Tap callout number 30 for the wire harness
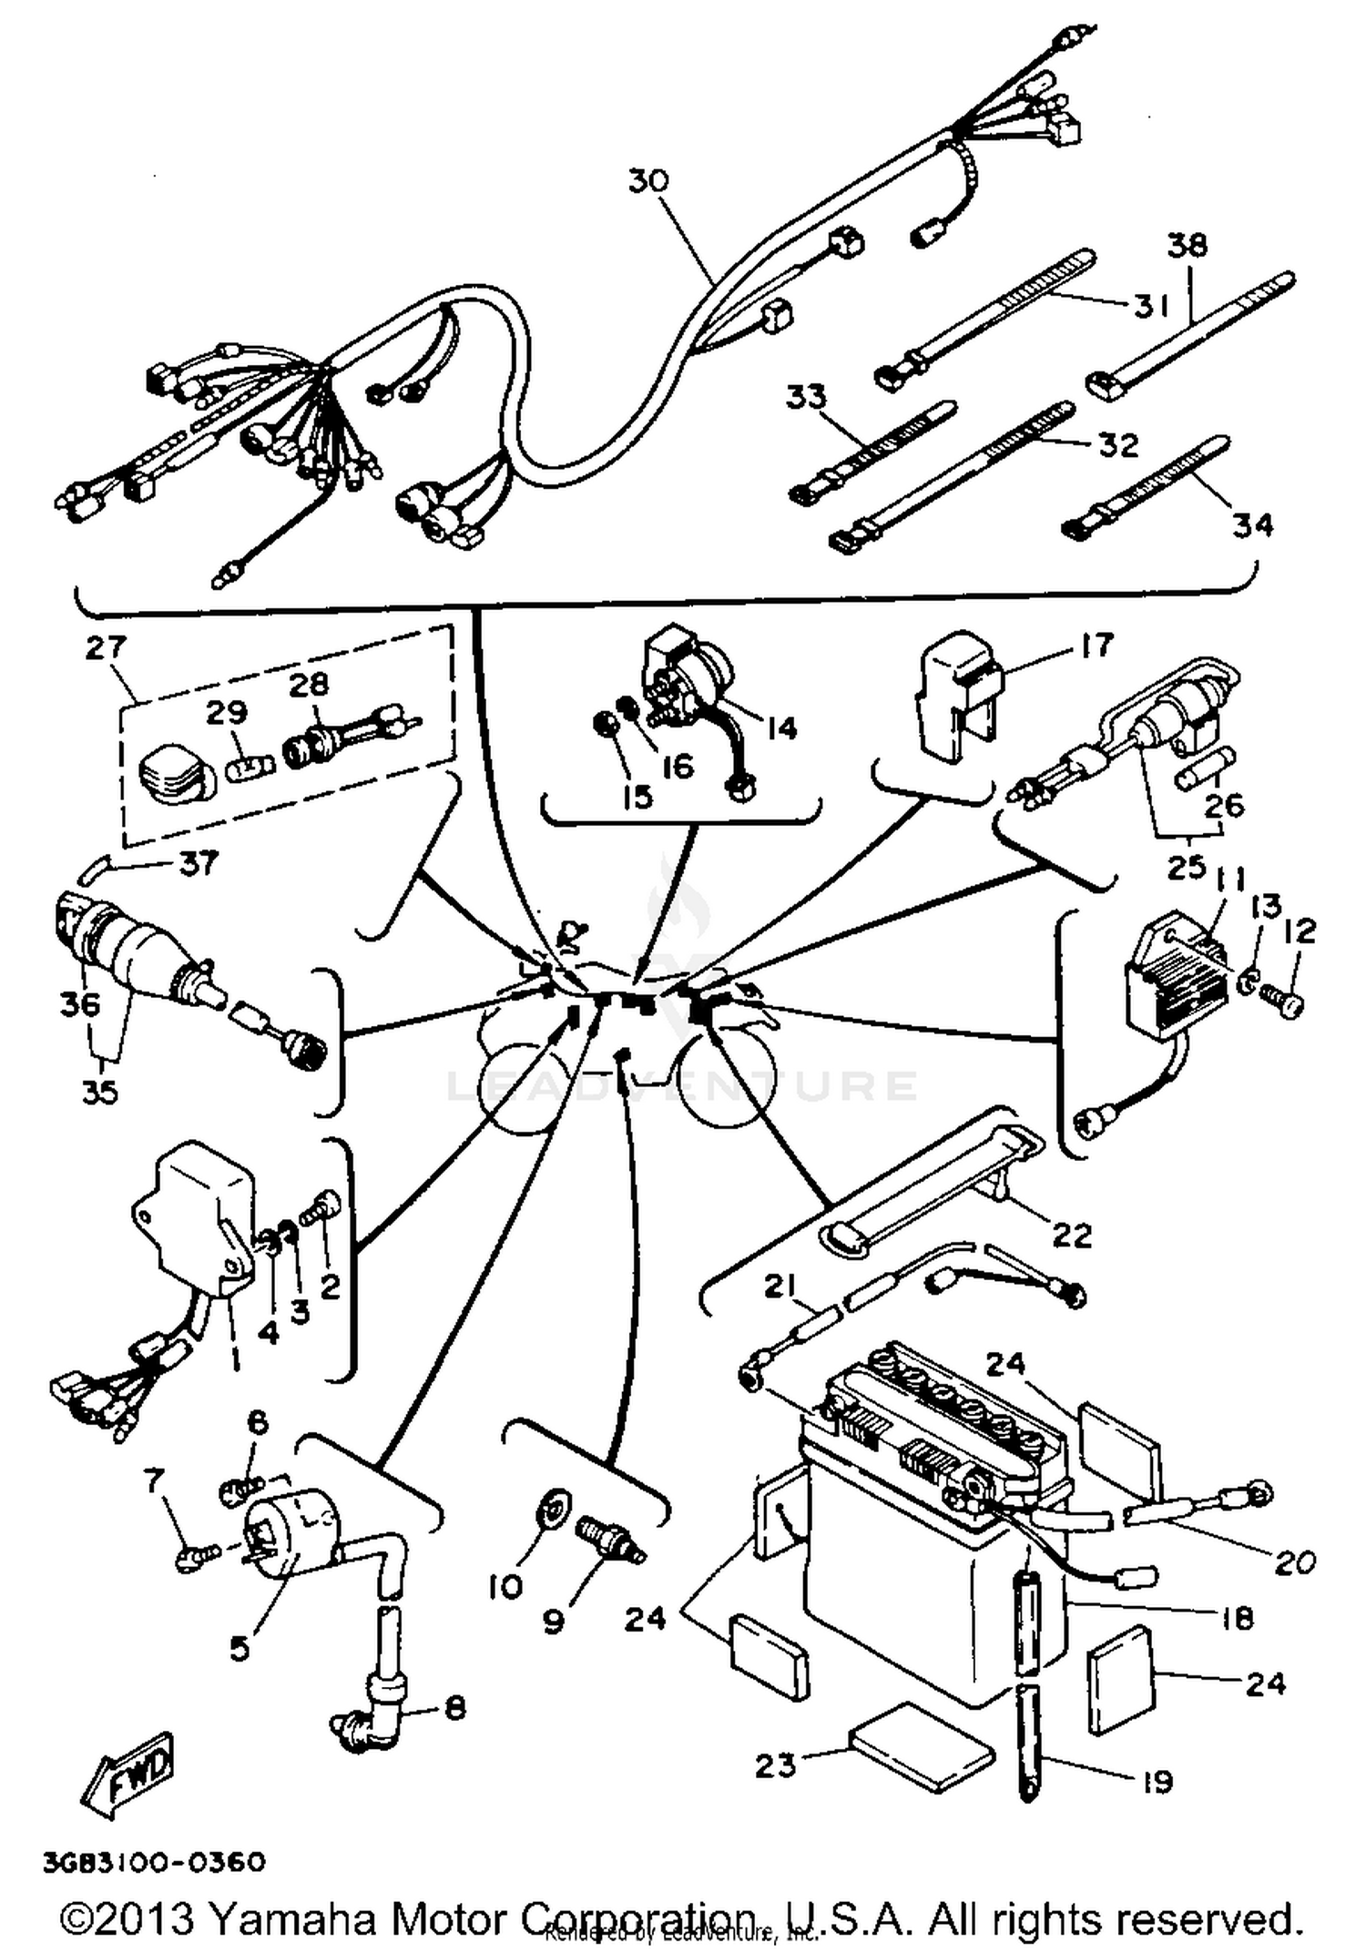648,180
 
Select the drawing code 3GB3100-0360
154,1862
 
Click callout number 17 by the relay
1096,645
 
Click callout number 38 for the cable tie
1188,245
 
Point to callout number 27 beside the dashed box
106,647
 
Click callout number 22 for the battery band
1071,1236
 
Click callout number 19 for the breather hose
1157,1781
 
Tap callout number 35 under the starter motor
100,1091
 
